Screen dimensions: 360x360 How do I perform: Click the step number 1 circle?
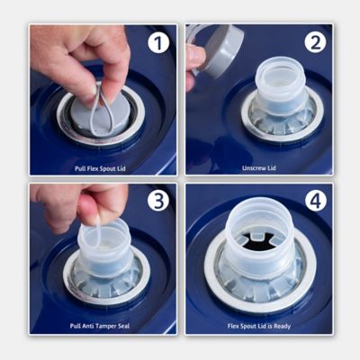(158, 43)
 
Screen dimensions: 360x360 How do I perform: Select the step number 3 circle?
(158, 201)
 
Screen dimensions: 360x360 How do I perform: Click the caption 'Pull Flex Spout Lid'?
(100, 168)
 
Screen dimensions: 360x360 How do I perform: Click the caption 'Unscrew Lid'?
(259, 168)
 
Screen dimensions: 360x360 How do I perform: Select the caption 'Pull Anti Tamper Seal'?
(100, 326)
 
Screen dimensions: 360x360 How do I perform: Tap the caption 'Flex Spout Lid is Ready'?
(259, 326)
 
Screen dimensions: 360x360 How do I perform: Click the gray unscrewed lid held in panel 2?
(223, 51)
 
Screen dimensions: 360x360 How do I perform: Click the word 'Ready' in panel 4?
(283, 326)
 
